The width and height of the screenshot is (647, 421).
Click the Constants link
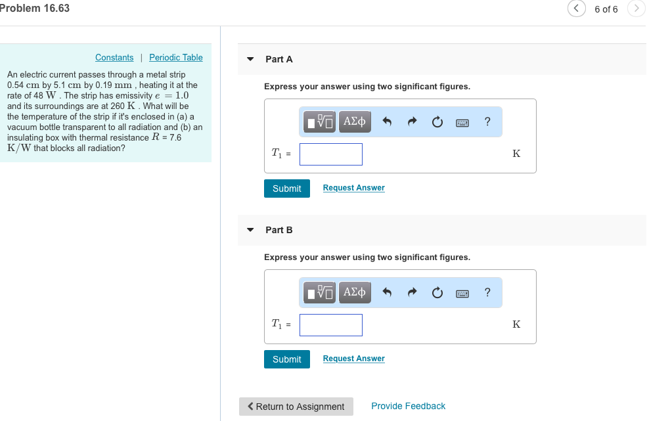pos(114,58)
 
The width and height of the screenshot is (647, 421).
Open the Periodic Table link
pos(175,58)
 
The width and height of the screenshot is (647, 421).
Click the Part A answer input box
pos(331,154)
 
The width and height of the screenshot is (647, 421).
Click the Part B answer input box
pos(331,325)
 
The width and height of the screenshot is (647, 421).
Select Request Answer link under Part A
pos(353,188)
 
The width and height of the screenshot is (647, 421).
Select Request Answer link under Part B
pos(353,359)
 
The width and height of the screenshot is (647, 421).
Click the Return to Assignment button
pos(296,407)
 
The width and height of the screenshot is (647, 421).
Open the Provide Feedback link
pos(408,407)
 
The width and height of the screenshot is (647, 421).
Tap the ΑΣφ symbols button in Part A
pos(355,122)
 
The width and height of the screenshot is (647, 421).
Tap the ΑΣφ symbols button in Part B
pos(355,292)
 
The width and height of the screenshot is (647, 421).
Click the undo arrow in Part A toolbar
pos(388,122)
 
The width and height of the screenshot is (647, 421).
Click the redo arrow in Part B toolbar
pos(413,293)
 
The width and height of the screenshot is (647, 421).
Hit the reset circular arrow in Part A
pos(437,122)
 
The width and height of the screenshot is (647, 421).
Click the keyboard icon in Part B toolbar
pos(462,293)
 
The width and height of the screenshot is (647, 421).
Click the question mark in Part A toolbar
pos(487,122)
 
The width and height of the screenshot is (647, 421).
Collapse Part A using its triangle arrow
pos(250,59)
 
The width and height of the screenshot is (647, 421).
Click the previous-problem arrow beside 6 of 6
pos(576,9)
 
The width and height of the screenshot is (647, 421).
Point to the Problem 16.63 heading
pos(35,9)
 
